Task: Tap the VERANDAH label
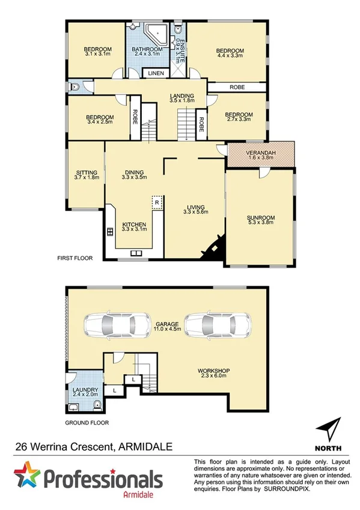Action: click(261, 153)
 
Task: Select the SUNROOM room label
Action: click(260, 217)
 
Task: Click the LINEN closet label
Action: click(156, 74)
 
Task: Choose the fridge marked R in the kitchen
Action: click(156, 203)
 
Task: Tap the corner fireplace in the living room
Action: click(213, 247)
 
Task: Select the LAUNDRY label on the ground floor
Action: click(84, 390)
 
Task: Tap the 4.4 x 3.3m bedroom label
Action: click(230, 50)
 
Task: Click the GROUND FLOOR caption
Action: click(87, 423)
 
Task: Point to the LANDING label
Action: click(182, 96)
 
